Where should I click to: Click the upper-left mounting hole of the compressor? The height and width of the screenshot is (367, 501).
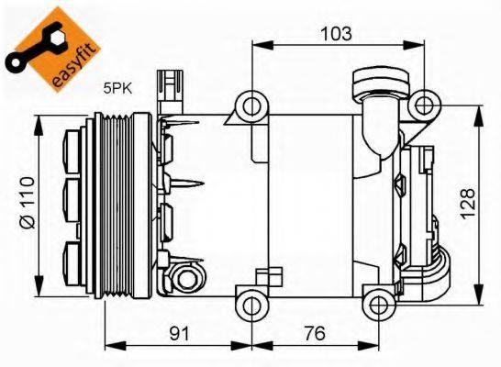[x=250, y=105]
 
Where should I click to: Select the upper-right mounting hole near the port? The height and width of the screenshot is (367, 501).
[x=424, y=105]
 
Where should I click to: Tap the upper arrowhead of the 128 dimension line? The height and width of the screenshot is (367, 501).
[x=479, y=111]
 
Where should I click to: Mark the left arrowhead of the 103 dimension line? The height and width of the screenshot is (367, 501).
[x=258, y=44]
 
